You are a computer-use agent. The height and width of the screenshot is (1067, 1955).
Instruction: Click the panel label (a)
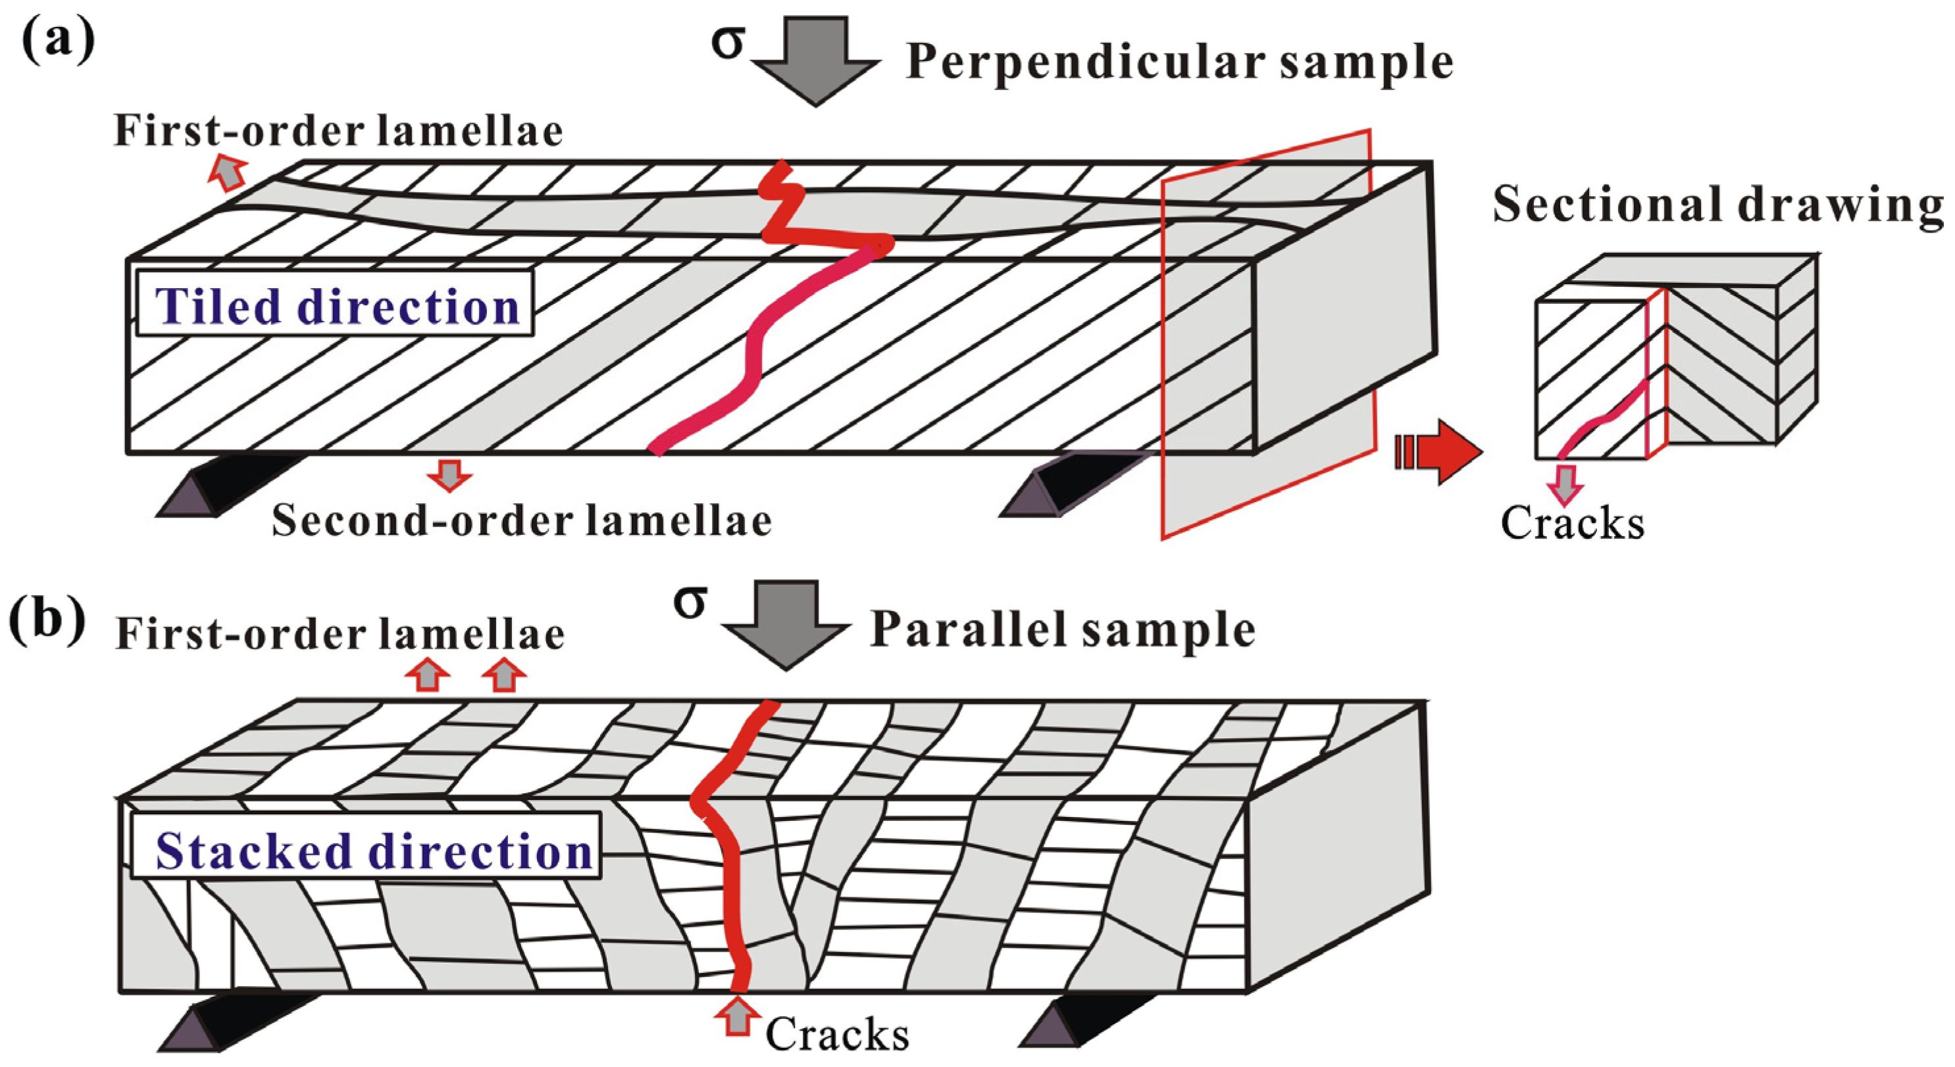[x=58, y=43]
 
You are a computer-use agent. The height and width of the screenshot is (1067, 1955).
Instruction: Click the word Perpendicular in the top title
[x=1085, y=62]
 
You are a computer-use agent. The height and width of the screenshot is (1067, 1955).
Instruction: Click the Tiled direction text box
[x=335, y=303]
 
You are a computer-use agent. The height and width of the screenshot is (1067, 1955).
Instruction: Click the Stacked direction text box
[x=367, y=849]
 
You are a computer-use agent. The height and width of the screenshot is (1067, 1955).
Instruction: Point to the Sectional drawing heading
[x=1717, y=205]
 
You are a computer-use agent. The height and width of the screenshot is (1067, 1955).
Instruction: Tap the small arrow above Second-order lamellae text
[x=449, y=475]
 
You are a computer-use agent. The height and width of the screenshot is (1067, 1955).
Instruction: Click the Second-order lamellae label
[x=521, y=520]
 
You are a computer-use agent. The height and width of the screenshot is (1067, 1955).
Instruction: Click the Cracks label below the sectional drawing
[x=1573, y=524]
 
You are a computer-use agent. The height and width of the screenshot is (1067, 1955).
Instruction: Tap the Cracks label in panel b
[x=836, y=1033]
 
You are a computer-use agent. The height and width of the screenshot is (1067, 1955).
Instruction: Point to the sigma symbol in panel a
[x=727, y=44]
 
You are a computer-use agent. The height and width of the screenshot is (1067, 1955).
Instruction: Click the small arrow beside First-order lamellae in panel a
[x=228, y=172]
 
